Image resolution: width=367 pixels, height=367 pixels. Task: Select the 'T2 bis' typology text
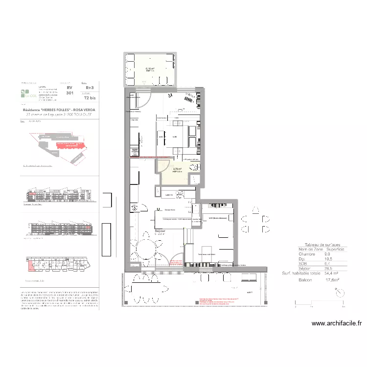pyautogui.click(x=90, y=98)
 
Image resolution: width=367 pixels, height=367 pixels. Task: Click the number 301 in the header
pyautogui.click(x=69, y=92)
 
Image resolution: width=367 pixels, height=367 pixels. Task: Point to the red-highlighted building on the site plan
pyautogui.click(x=69, y=145)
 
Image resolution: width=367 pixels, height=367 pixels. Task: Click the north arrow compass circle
pyautogui.click(x=340, y=292)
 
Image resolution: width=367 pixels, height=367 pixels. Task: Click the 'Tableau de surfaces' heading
pyautogui.click(x=325, y=244)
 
